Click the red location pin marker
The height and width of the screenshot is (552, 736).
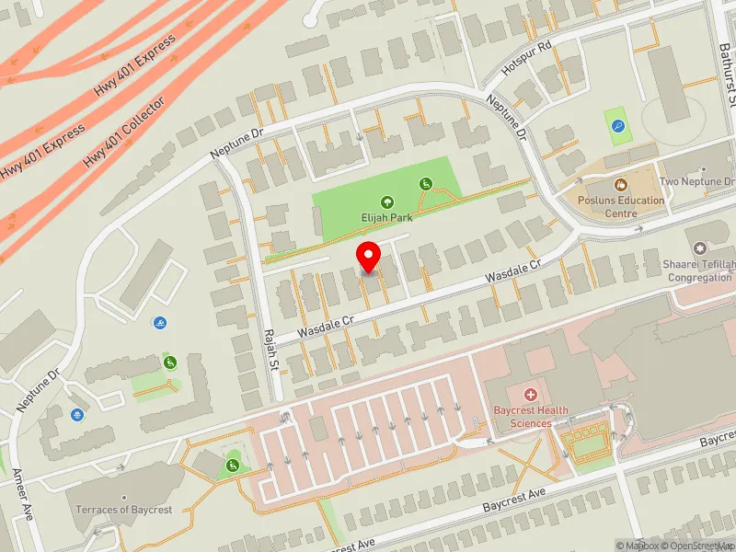[369, 258]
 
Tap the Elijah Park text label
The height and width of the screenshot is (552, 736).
[386, 218]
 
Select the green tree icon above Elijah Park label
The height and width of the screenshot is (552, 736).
[386, 202]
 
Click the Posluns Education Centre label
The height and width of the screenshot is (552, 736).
[621, 207]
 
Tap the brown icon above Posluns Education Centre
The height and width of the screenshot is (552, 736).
[620, 185]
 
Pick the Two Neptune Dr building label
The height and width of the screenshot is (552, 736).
[697, 182]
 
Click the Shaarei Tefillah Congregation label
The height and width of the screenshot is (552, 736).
[700, 270]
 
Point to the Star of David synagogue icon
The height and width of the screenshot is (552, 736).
[700, 249]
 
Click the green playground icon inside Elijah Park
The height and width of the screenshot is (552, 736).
[425, 184]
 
